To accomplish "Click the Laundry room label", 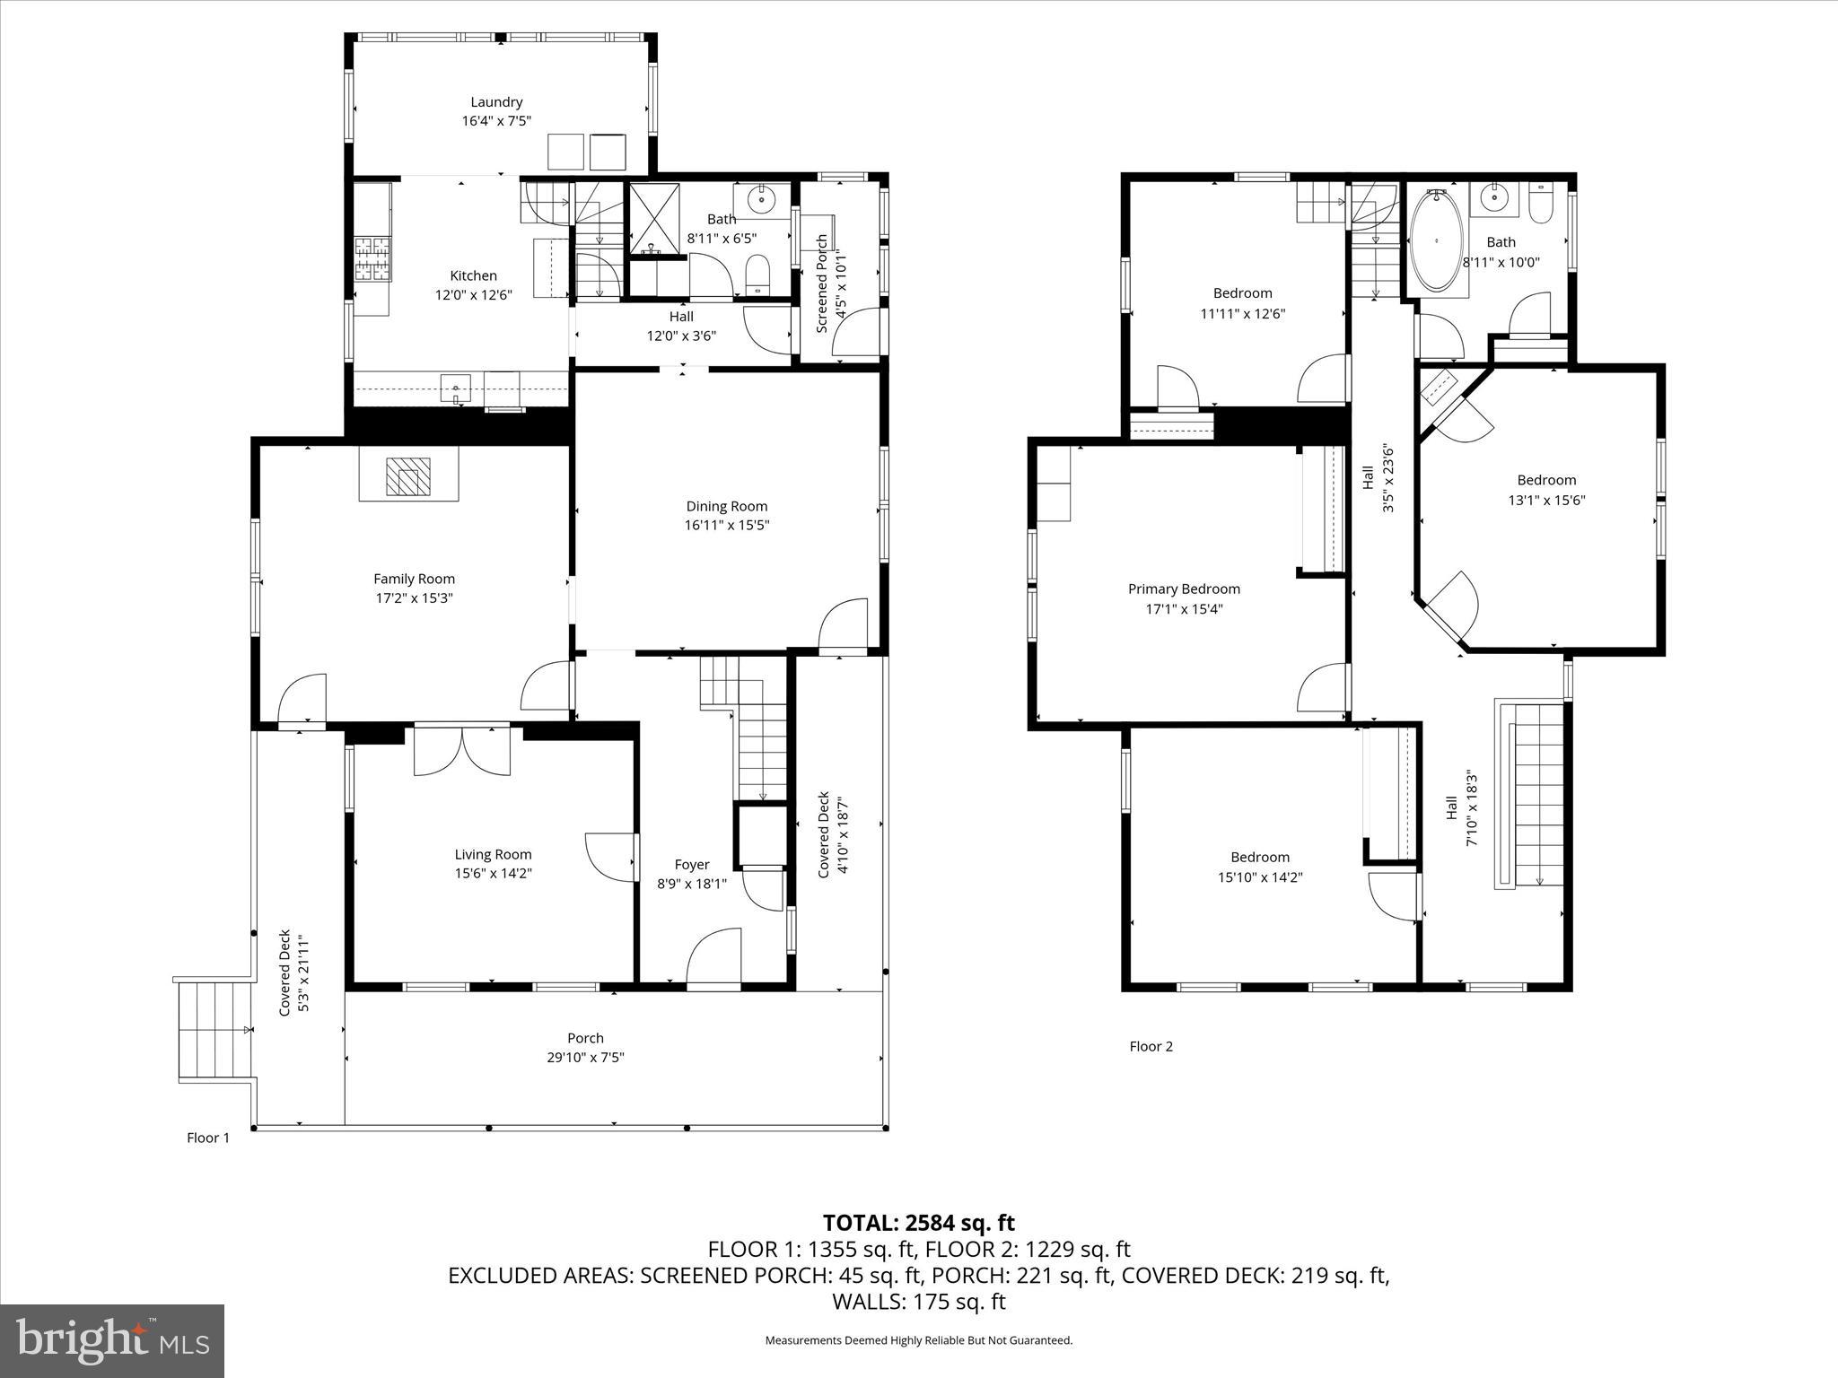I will click(x=496, y=102).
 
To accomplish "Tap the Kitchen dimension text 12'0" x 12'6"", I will click(x=473, y=295).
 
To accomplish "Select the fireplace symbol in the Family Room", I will click(x=408, y=476).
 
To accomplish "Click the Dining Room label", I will click(x=726, y=506).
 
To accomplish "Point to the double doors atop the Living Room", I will click(x=461, y=750).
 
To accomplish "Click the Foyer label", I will click(x=691, y=864).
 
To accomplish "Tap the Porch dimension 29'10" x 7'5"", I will click(x=585, y=1058).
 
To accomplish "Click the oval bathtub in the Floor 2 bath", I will click(x=1437, y=240).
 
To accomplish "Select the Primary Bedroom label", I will click(x=1184, y=589).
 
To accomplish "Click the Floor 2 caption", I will click(x=1151, y=1046).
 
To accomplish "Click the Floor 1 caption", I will click(x=208, y=1138).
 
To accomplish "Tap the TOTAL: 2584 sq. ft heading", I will click(x=918, y=1223).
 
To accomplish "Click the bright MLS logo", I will click(x=112, y=1340).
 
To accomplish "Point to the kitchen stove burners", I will click(x=372, y=259).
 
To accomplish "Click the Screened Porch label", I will click(x=822, y=284).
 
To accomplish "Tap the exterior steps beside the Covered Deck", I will click(x=214, y=1030).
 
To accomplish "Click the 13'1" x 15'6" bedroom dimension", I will click(x=1545, y=501).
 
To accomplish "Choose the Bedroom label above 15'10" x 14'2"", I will click(x=1259, y=857).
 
